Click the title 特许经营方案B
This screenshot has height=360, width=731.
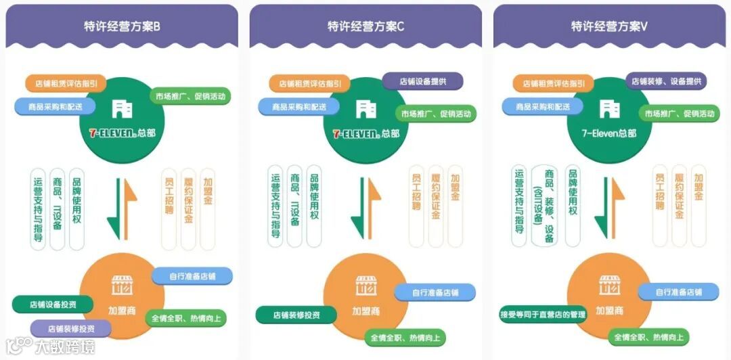[122, 26]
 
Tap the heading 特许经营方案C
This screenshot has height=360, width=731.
[365, 26]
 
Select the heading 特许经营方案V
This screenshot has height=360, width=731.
[609, 26]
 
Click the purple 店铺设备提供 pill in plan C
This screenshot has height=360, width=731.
[423, 81]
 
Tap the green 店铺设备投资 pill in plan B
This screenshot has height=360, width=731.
[53, 304]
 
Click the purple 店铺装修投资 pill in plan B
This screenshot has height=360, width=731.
[71, 329]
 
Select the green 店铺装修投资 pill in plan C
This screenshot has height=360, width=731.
[296, 315]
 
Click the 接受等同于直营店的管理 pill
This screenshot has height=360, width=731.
[542, 315]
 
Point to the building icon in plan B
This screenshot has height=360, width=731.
[123, 108]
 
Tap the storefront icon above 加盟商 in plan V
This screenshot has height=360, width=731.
[609, 285]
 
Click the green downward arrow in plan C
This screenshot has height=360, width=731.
[357, 206]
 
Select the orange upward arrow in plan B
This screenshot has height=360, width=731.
[129, 206]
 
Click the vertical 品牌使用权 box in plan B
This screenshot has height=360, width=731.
[76, 206]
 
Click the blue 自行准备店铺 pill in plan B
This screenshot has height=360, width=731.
[192, 276]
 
